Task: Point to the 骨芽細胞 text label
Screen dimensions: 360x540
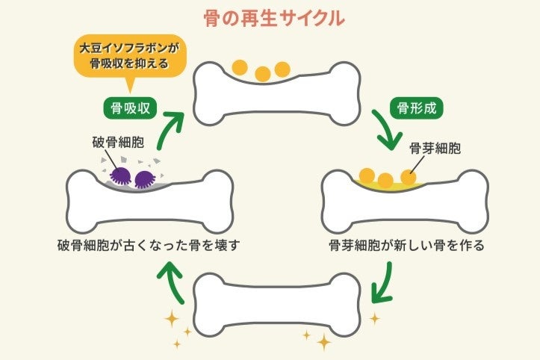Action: point(435,148)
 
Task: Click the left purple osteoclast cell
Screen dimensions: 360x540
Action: point(120,176)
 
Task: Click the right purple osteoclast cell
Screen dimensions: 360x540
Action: point(143,179)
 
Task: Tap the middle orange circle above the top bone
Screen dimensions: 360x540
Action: point(262,74)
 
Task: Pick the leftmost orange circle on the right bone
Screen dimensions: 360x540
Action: point(367,176)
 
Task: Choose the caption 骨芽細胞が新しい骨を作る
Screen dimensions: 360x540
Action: point(407,245)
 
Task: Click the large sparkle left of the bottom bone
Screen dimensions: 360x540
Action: point(171,320)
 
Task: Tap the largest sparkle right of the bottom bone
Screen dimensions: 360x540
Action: point(323,341)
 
